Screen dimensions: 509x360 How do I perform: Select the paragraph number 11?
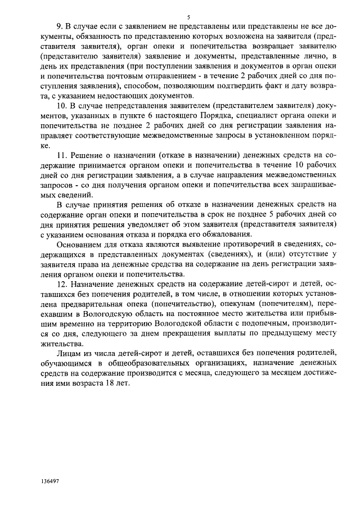[63, 155]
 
